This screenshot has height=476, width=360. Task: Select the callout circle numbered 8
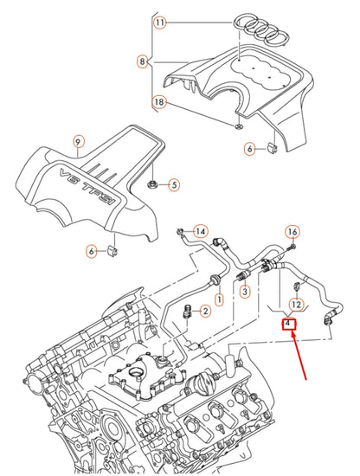pyautogui.click(x=142, y=61)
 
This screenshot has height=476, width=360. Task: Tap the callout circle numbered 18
pyautogui.click(x=159, y=102)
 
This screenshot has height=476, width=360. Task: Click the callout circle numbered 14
pyautogui.click(x=200, y=232)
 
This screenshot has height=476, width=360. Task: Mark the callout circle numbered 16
pyautogui.click(x=292, y=232)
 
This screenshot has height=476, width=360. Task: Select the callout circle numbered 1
pyautogui.click(x=219, y=299)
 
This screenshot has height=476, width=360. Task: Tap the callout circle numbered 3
pyautogui.click(x=245, y=293)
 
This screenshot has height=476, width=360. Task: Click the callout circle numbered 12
pyautogui.click(x=295, y=305)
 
